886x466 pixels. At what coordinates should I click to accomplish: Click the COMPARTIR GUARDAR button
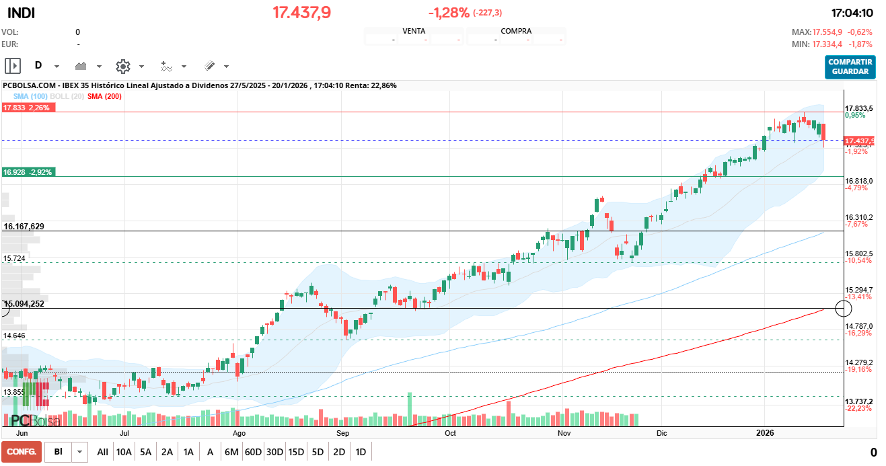[x=850, y=67]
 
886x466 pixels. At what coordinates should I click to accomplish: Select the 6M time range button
[x=231, y=452]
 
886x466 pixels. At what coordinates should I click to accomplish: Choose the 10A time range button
[x=124, y=452]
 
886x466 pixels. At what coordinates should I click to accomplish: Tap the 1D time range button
[x=361, y=452]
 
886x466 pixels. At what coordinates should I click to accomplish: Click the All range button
[x=102, y=452]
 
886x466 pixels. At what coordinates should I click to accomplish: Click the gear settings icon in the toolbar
[x=122, y=66]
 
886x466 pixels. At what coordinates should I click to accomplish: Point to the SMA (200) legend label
[x=104, y=97]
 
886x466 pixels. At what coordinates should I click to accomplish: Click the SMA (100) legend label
[x=30, y=97]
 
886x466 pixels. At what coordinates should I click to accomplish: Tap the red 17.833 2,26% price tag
[x=28, y=108]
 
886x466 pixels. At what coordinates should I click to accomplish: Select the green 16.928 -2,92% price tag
[x=28, y=172]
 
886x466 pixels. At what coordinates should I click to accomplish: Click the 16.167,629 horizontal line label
[x=24, y=227]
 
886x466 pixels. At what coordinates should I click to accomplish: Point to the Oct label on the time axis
[x=450, y=433]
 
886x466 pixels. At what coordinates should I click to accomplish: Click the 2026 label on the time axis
[x=765, y=433]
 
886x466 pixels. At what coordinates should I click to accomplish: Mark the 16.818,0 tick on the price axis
[x=858, y=182]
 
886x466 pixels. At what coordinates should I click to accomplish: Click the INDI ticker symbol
[x=22, y=13]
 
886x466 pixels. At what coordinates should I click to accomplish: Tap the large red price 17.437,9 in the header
[x=301, y=13]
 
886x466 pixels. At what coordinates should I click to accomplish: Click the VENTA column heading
[x=414, y=31]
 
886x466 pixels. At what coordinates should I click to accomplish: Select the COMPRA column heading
[x=516, y=31]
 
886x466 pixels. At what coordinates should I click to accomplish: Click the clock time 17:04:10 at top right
[x=852, y=13]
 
